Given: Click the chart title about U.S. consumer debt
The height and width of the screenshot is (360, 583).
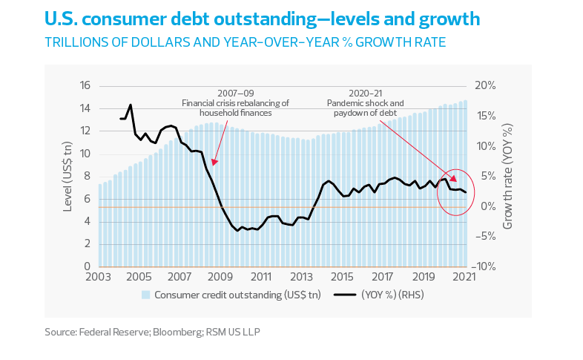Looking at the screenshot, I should point(262,18).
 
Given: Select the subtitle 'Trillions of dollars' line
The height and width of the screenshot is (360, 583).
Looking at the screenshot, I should point(245,42).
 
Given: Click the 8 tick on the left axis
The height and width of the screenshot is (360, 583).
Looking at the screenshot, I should point(87,176).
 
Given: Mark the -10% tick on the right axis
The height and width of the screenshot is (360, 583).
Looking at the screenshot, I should point(486,266).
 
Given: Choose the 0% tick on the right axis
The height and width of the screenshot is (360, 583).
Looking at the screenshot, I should point(483,206).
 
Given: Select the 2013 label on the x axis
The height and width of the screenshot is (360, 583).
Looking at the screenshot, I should point(301,277).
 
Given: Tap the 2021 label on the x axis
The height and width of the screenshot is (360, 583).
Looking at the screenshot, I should point(464,277).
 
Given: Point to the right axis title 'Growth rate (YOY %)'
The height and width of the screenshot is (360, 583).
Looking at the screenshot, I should point(508,176).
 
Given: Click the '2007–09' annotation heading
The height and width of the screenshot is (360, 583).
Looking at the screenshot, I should point(235,94).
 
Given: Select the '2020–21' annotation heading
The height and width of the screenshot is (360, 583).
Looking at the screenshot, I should point(365,94).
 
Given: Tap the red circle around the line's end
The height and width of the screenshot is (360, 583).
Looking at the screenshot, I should point(455,191).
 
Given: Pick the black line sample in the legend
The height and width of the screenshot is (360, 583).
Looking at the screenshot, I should point(345,295).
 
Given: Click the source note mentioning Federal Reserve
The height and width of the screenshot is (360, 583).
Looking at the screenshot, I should point(152,333).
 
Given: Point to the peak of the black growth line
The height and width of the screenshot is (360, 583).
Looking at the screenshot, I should point(131,105).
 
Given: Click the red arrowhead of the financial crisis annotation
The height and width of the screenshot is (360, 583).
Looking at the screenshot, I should point(214,162).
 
